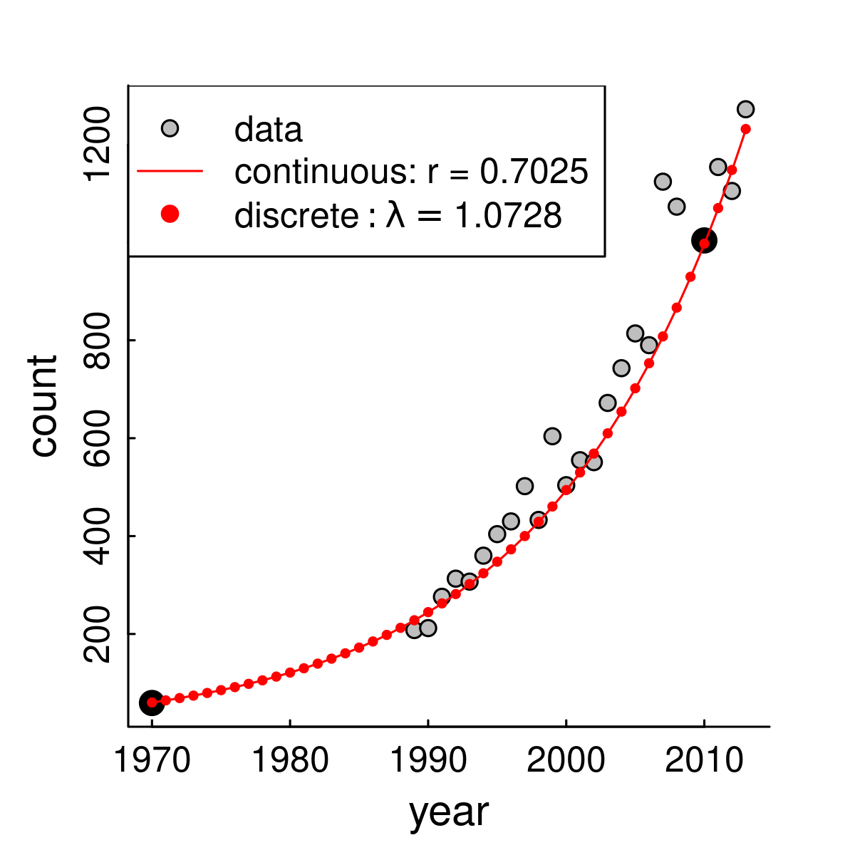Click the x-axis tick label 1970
point(152,762)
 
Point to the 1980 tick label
point(290,762)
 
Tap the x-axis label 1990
point(427,762)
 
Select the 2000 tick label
point(566,762)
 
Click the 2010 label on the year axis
point(704,762)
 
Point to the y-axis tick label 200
point(98,634)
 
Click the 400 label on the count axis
point(98,536)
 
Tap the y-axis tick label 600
point(98,437)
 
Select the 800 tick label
point(98,340)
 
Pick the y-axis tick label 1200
point(98,144)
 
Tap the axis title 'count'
point(43,406)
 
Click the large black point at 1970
point(151,703)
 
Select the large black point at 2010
point(704,241)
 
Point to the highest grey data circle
point(746,109)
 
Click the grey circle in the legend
point(170,128)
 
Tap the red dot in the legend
point(170,214)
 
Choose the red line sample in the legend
point(170,171)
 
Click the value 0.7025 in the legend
point(534,172)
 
